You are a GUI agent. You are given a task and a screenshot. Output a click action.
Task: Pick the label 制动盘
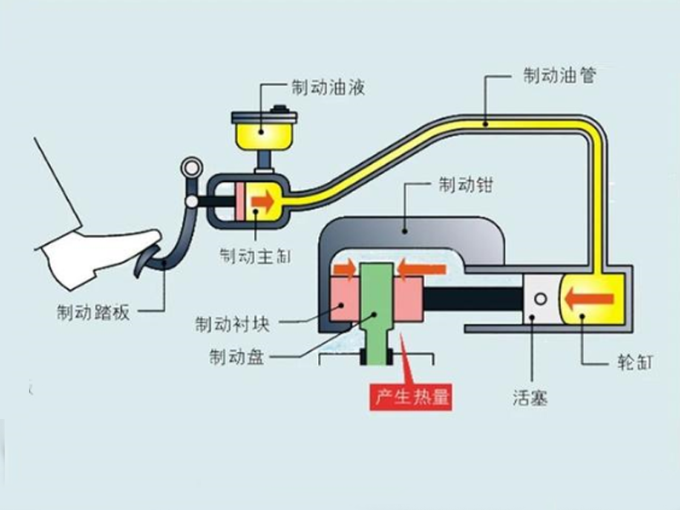pyautogui.click(x=236, y=356)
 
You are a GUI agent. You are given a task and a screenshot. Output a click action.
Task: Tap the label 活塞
pyautogui.click(x=530, y=396)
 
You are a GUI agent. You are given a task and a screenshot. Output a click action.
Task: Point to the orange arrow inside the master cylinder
pyautogui.click(x=264, y=201)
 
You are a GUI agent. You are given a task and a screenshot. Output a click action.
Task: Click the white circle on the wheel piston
pyautogui.click(x=539, y=297)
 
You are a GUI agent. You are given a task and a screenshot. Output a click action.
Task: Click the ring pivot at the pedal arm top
pyautogui.click(x=193, y=167)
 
